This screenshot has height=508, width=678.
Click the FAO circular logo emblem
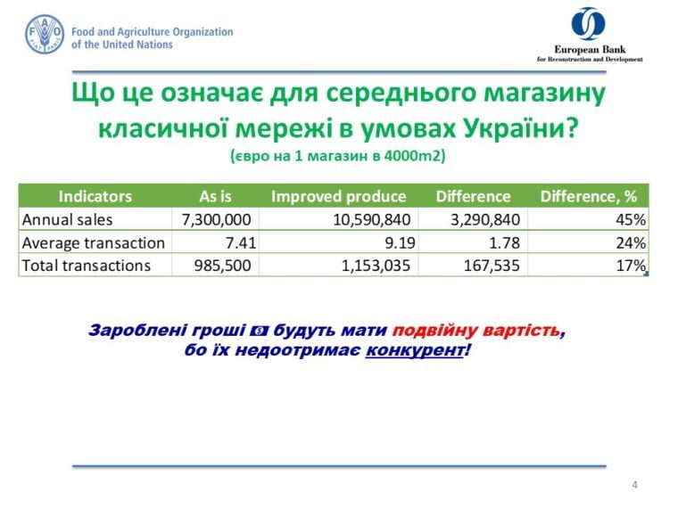pyautogui.click(x=45, y=34)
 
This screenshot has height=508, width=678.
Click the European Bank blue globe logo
pyautogui.click(x=588, y=23)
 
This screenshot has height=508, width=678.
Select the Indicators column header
pyautogui.click(x=95, y=197)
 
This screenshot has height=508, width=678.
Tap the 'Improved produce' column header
pyautogui.click(x=339, y=197)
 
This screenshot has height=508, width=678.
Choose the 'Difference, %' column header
pyautogui.click(x=589, y=197)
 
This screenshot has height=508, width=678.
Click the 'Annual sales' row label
pyautogui.click(x=67, y=219)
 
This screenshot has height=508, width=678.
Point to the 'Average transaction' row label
pyautogui.click(x=94, y=242)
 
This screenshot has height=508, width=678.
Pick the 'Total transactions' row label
pyautogui.click(x=86, y=266)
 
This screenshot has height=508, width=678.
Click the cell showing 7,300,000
pyautogui.click(x=216, y=220)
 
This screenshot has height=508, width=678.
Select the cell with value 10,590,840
pyautogui.click(x=371, y=220)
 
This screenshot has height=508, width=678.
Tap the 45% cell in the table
pyautogui.click(x=631, y=220)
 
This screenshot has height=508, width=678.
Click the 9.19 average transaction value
pyautogui.click(x=400, y=242)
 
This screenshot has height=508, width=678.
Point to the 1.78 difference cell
pyautogui.click(x=504, y=242)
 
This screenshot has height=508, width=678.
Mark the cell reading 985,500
pyautogui.click(x=222, y=266)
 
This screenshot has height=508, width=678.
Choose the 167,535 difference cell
pyautogui.click(x=492, y=266)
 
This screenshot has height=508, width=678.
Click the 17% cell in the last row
pyautogui.click(x=631, y=266)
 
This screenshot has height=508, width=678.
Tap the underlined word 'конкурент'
pyautogui.click(x=415, y=350)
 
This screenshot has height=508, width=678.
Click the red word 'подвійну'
pyautogui.click(x=434, y=331)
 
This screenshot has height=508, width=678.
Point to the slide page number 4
pyautogui.click(x=634, y=485)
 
